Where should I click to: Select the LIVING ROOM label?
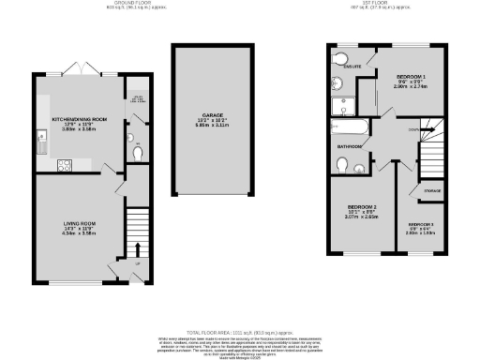(x=67, y=223)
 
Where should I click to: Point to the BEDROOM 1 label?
(x=411, y=75)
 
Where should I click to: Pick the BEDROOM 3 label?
(x=420, y=224)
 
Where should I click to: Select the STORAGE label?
(x=431, y=191)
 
